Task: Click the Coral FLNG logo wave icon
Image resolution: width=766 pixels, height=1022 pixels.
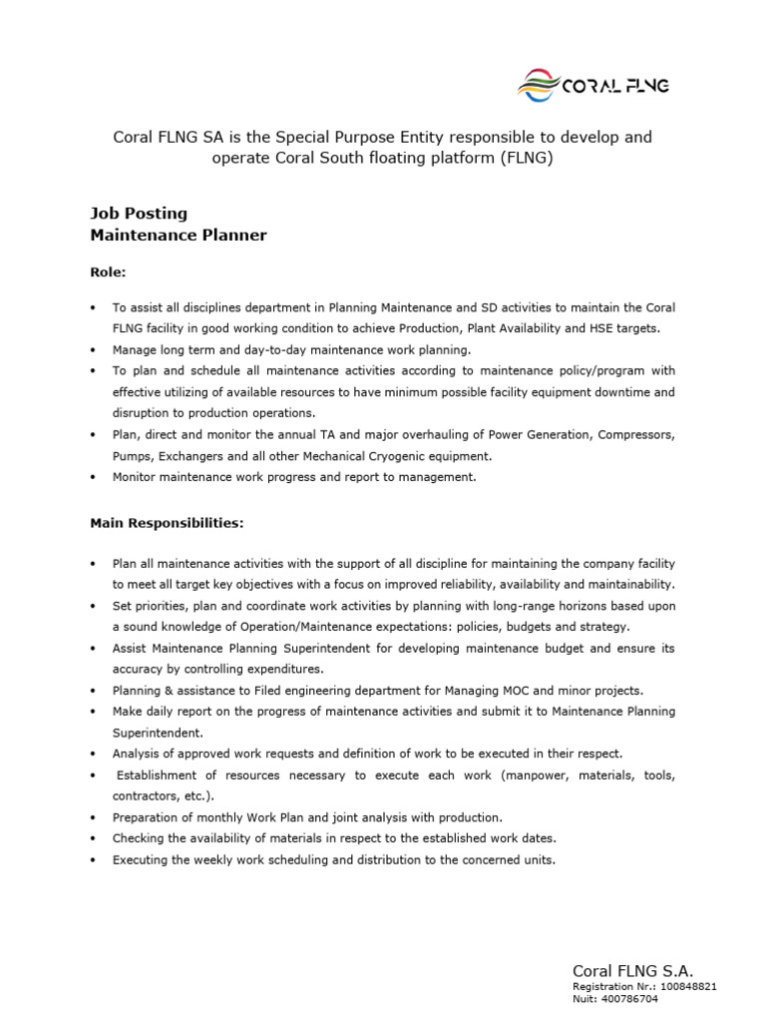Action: [539, 85]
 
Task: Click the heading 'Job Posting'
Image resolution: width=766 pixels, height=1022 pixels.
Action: [139, 214]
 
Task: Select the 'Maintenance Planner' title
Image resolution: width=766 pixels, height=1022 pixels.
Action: [179, 236]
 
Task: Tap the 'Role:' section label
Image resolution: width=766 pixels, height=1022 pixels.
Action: [108, 271]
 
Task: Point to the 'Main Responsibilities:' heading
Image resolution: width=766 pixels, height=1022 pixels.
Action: [167, 522]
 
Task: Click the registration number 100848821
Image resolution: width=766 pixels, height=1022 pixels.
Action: [687, 986]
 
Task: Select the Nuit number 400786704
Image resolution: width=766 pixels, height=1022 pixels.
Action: [629, 998]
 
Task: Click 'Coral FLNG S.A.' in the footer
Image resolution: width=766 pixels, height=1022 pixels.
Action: [632, 970]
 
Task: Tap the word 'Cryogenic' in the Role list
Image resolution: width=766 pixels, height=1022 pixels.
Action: [411, 455]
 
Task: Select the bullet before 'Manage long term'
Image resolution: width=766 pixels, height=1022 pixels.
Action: [93, 350]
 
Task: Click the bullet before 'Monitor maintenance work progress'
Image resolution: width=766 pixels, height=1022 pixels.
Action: [93, 477]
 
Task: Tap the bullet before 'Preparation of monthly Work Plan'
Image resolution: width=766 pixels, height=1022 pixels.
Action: [93, 817]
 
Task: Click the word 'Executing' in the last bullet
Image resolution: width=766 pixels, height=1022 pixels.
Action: [140, 859]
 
